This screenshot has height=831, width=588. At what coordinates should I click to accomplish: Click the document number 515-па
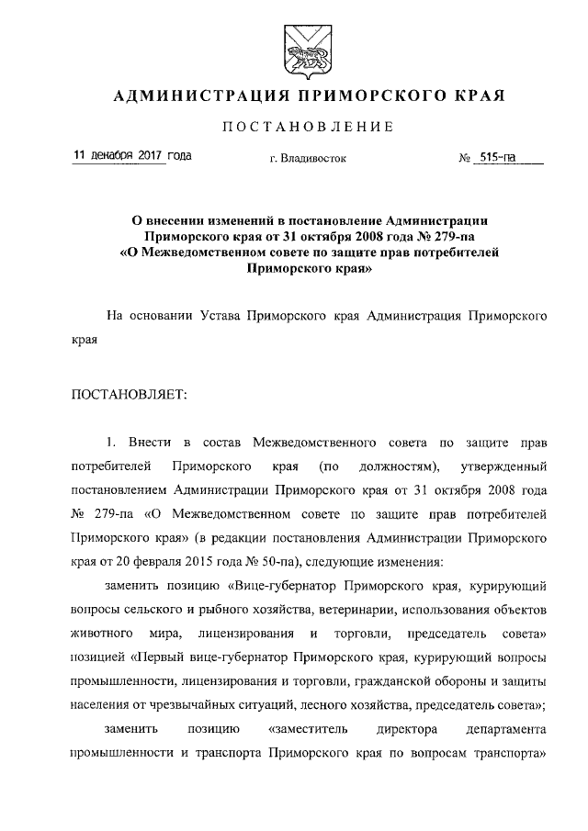[496, 157]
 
